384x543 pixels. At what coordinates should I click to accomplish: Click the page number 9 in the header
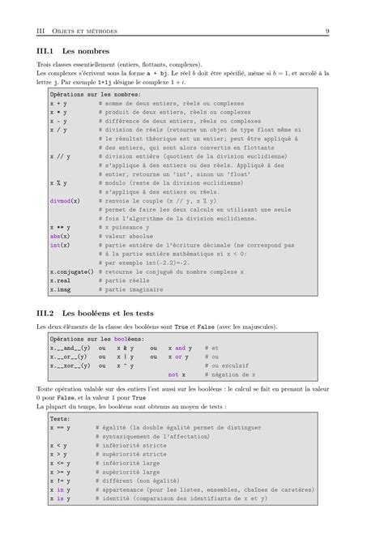(326, 32)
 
